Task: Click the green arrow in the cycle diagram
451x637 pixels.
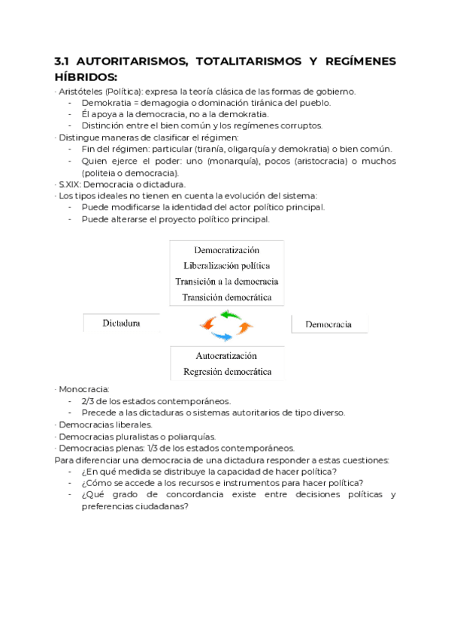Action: point(228,315)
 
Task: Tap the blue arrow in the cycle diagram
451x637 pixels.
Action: point(222,336)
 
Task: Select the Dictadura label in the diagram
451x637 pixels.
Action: point(122,324)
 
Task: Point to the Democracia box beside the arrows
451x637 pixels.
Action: point(328,325)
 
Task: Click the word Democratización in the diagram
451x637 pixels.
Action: point(227,249)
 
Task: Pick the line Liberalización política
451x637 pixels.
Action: point(227,265)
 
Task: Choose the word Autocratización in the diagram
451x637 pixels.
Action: point(227,355)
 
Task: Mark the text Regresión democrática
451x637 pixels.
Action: point(227,372)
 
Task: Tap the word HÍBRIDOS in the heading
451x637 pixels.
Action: point(84,77)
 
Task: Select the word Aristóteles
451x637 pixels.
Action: point(81,92)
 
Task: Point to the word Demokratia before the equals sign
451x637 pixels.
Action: point(107,103)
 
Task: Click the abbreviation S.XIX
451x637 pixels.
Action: point(71,184)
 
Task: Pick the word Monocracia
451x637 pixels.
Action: point(84,390)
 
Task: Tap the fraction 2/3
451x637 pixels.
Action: point(88,401)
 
